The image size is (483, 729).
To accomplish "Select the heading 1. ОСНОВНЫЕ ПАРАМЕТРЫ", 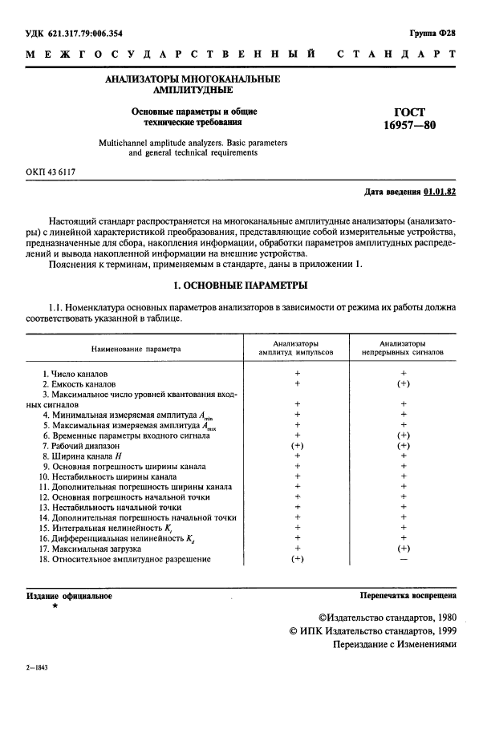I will click(241, 286).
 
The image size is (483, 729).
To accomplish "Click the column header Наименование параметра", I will click(136, 350).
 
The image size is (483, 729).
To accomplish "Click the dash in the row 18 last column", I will click(404, 559).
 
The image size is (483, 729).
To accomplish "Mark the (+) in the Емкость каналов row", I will click(404, 385).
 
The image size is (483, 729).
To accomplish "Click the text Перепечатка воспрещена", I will click(408, 596).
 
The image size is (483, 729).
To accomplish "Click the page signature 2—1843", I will click(38, 668).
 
